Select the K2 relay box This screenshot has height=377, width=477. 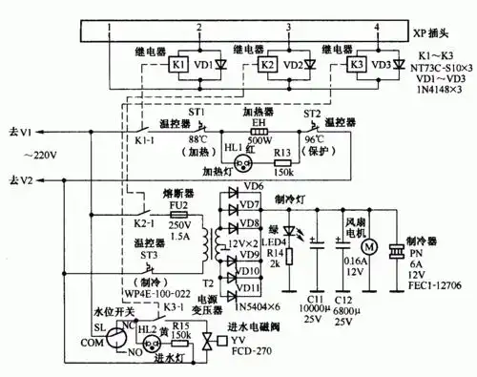[x=269, y=66]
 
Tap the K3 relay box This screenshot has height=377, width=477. [x=356, y=66]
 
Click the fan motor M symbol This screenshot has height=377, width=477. [x=371, y=249]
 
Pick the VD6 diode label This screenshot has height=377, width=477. [x=253, y=185]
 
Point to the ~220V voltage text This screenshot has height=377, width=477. [x=41, y=156]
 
